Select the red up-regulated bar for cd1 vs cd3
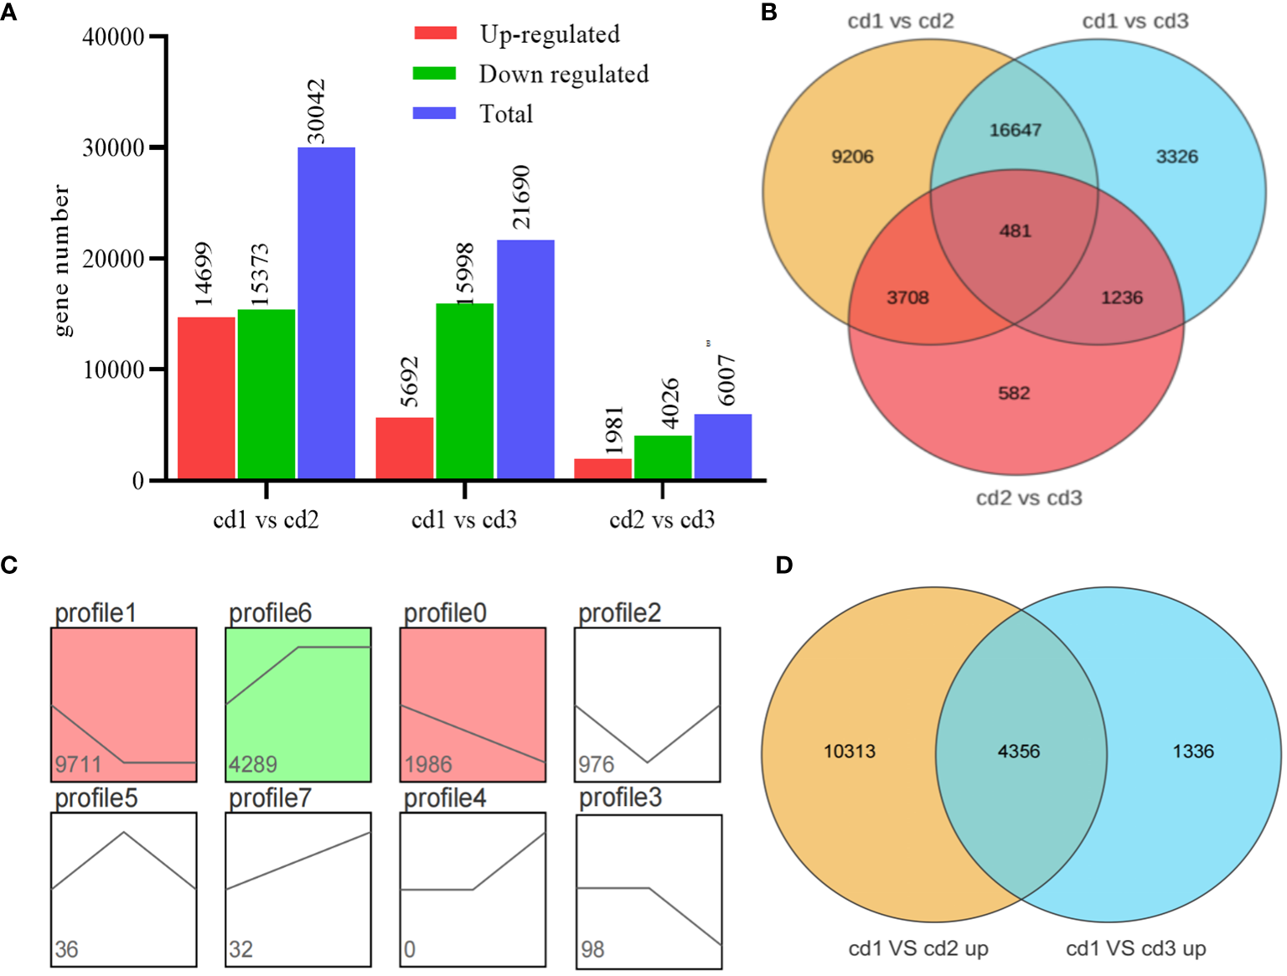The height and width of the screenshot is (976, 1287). tap(404, 448)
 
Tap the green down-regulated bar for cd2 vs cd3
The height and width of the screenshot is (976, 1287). tap(663, 457)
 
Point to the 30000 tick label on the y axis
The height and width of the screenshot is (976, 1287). tap(113, 148)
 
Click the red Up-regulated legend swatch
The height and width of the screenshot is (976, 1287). tap(435, 34)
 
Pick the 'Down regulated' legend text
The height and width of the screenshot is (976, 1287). tap(563, 75)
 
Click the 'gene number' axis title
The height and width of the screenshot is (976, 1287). tap(61, 261)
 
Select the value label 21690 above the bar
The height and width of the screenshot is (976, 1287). tap(521, 197)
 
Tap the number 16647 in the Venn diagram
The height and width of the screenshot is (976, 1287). tap(1015, 130)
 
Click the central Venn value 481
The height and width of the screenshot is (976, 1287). tap(1015, 230)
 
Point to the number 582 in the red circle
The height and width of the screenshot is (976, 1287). tap(1014, 393)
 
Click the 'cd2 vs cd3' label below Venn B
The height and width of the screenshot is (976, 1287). tap(1029, 498)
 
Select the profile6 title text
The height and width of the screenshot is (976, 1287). tap(270, 613)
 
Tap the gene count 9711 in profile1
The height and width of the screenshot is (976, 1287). tap(78, 764)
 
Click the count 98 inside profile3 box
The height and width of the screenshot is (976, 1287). tap(592, 949)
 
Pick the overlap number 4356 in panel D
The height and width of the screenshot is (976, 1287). tap(1019, 751)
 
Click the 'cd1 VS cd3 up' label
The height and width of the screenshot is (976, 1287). tap(1135, 948)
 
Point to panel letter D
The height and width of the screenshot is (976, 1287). tap(783, 565)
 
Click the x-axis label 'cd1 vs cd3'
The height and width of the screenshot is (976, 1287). tap(464, 520)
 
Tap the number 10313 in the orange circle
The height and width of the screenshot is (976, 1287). tap(850, 751)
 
